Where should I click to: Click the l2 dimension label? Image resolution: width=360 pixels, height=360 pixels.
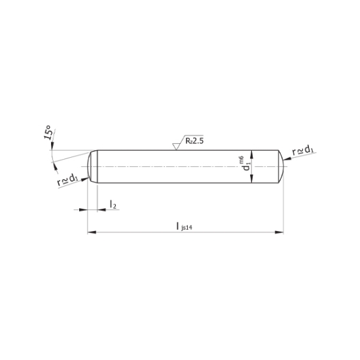113,205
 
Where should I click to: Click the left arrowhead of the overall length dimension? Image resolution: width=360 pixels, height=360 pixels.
91,231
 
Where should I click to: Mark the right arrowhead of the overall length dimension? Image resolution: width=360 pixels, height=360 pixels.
280,231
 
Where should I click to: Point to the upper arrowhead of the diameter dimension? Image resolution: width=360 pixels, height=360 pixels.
253,152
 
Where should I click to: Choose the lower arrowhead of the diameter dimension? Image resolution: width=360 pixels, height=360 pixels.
253,181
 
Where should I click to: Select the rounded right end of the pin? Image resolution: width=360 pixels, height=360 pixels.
279,166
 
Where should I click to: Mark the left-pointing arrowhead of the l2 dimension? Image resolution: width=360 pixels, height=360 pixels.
101,209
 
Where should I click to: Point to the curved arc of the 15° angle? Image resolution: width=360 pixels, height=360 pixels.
50,156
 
